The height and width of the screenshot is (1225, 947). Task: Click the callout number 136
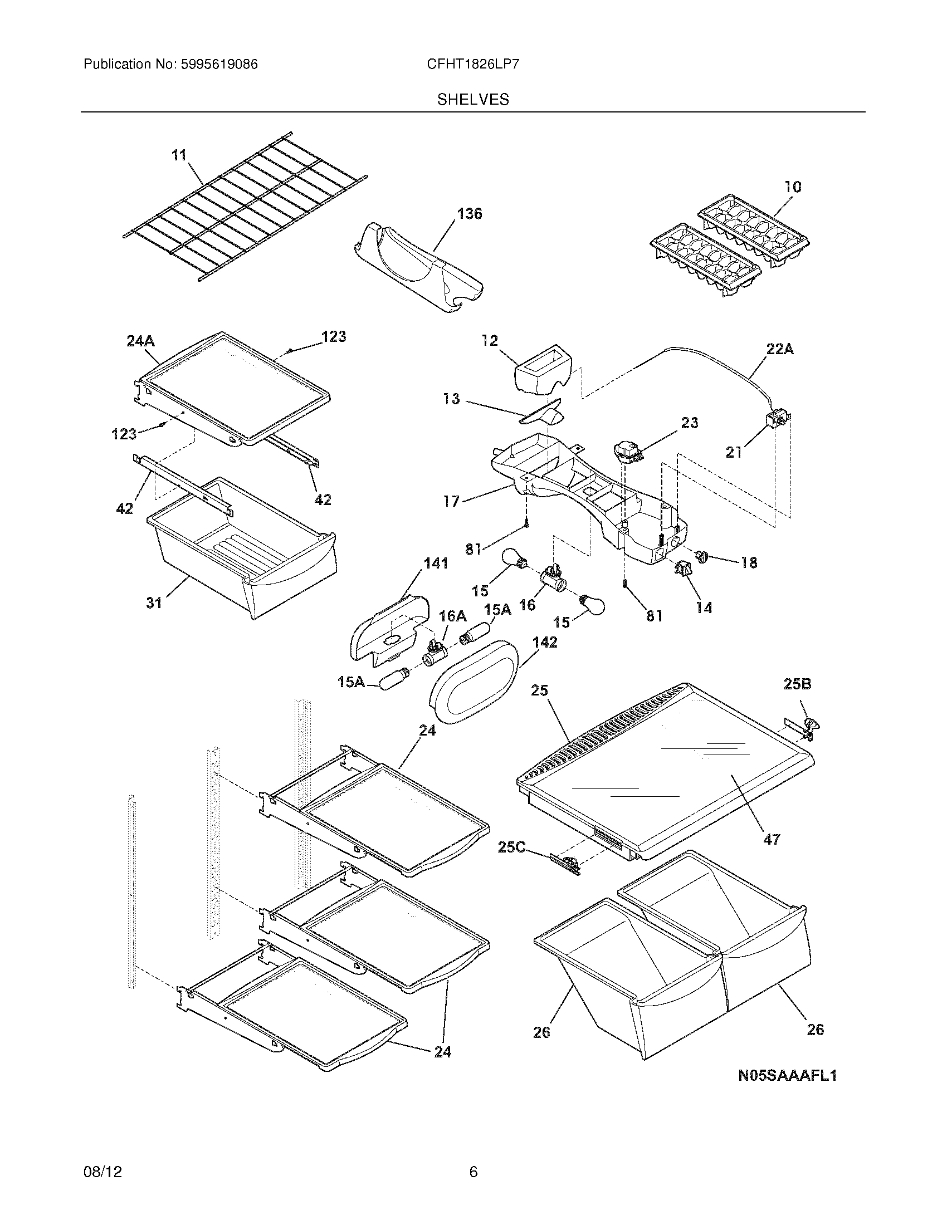[x=469, y=214]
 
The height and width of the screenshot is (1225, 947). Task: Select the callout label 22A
[x=780, y=350]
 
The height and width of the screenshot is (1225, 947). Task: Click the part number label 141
[x=436, y=563]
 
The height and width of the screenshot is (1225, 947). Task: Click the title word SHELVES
[x=473, y=99]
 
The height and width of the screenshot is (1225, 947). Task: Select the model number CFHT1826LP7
[x=473, y=64]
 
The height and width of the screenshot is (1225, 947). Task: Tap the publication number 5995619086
[x=219, y=64]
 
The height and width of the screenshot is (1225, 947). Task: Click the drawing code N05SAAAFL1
[x=787, y=1075]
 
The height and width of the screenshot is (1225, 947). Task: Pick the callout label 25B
[x=797, y=684]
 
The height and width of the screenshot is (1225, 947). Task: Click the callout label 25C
[x=511, y=847]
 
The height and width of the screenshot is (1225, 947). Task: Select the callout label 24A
[x=140, y=341]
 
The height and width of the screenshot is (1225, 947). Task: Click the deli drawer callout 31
[x=154, y=602]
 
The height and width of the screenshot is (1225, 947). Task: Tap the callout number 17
[x=452, y=501]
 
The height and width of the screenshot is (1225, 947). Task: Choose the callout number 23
[x=690, y=423]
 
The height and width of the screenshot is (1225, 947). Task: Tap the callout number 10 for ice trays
[x=792, y=187]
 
